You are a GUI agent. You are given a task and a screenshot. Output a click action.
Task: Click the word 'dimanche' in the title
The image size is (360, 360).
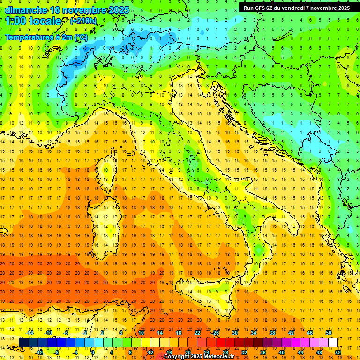tap(26, 10)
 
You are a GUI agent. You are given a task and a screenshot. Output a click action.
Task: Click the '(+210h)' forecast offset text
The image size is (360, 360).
tap(83, 21)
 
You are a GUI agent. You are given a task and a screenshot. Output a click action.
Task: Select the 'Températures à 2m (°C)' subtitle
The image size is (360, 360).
tap(46, 37)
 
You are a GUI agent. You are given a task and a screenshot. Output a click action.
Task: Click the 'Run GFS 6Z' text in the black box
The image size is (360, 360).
tap(261, 7)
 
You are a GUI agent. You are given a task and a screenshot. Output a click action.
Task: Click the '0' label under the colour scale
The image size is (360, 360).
tap(92, 352)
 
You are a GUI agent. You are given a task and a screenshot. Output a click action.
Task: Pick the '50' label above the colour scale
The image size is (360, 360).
tap(328, 333)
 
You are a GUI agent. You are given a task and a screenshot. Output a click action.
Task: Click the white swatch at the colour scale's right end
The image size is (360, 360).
tap(333, 342)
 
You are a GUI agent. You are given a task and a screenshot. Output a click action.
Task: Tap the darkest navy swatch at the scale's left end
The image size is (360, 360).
tap(24, 342)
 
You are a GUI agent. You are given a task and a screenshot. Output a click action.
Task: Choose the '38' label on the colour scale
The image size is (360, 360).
tap(272, 333)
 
